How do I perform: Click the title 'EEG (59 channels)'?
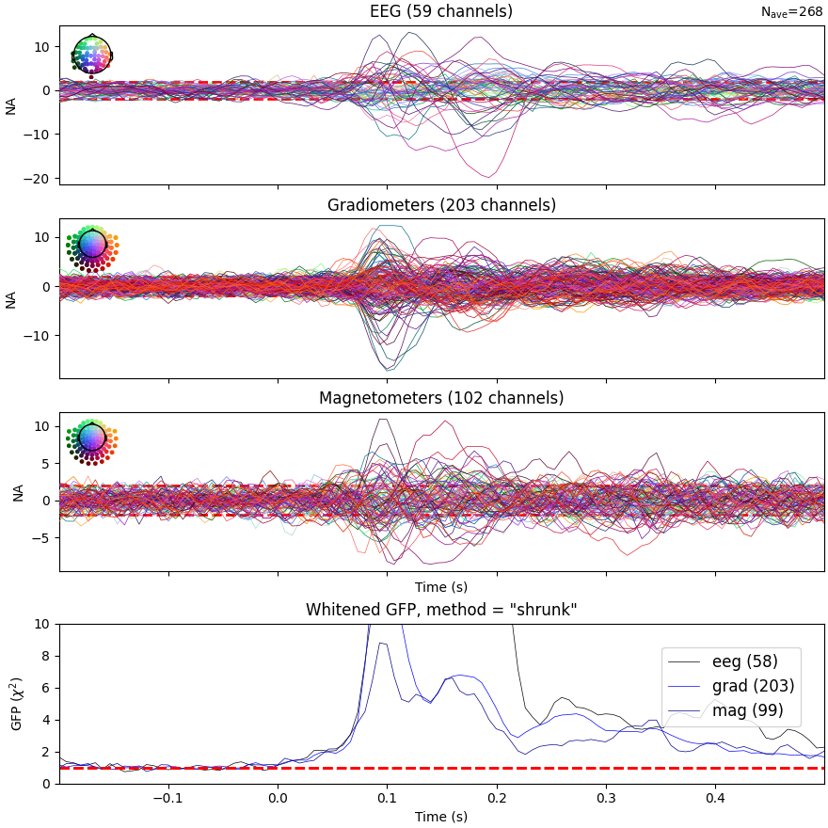pos(441,12)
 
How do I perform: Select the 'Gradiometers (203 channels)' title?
pos(441,205)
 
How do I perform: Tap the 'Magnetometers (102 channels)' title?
pos(441,398)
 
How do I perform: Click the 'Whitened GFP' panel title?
pos(441,610)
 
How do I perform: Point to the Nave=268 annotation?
pos(791,12)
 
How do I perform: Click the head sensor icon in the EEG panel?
pos(91,55)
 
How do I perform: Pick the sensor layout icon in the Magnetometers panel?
pos(91,438)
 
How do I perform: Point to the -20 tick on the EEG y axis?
pos(41,178)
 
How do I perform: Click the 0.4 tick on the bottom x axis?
pos(715,798)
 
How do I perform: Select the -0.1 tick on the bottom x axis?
pos(168,798)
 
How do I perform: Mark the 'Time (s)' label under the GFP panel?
pos(441,817)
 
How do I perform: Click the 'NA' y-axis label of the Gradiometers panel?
pos(12,299)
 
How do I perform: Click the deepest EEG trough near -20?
pos(488,176)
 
